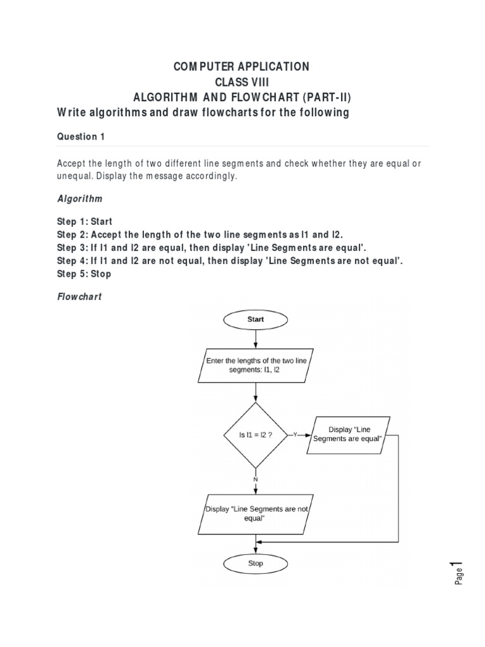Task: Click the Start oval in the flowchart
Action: pos(255,320)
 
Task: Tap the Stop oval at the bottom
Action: pos(255,563)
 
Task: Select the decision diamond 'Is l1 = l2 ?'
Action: pos(255,435)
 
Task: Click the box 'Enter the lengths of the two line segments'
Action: pos(255,365)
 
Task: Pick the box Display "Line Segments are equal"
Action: pos(348,435)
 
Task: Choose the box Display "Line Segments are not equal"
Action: pos(255,513)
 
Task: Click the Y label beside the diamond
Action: pos(295,435)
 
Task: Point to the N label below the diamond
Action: pos(255,480)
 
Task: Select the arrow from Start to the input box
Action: pos(255,339)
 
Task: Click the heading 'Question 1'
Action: pos(78,136)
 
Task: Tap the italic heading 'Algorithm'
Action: pos(80,198)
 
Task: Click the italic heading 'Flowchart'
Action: pos(80,296)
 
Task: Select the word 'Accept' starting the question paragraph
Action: pos(71,163)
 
